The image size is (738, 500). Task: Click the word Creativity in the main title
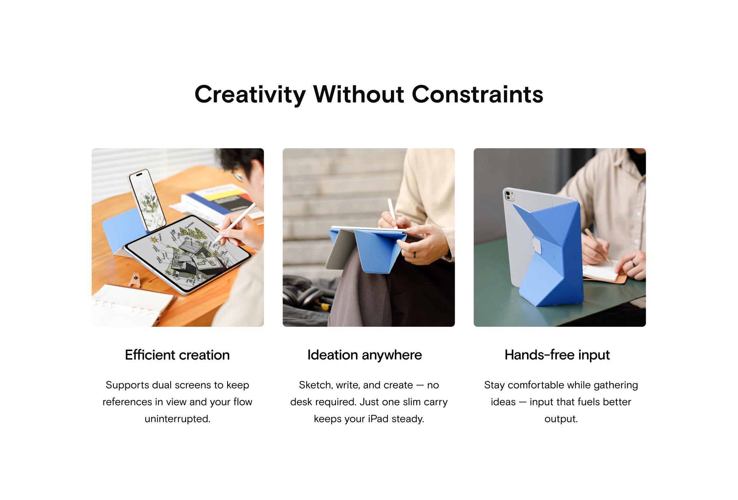(250, 94)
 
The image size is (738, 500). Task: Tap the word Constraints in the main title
(477, 94)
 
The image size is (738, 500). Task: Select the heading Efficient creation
(177, 355)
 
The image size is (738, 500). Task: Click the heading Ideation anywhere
(365, 355)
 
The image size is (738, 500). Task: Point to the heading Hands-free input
(557, 355)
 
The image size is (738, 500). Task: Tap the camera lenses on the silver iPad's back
(509, 195)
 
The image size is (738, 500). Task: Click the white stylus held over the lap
(392, 213)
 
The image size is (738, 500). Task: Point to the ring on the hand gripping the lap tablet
(415, 255)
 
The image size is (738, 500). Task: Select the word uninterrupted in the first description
(178, 419)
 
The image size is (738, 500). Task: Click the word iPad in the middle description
(378, 419)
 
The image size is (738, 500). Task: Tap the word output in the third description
(561, 419)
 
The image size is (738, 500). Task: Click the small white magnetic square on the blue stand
(537, 245)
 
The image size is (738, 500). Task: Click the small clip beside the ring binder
(135, 280)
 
